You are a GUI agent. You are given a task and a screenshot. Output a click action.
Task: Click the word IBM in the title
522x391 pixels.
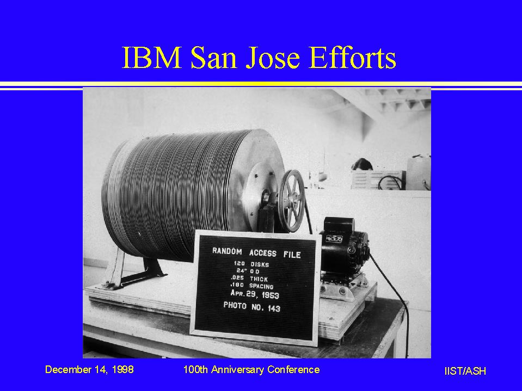[152, 58]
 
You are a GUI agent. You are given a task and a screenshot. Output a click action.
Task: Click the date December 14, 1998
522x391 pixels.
[89, 369]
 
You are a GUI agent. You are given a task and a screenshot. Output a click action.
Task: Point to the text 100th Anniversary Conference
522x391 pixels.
[251, 369]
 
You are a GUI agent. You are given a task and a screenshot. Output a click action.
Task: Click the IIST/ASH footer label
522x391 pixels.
[465, 371]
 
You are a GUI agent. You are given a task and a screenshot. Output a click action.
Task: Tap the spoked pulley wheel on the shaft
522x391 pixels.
[292, 201]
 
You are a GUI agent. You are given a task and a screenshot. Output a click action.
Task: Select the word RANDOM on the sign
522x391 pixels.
[227, 251]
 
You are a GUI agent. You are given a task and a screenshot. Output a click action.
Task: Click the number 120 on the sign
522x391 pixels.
[239, 264]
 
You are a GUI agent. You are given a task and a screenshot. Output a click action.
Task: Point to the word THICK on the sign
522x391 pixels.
[259, 279]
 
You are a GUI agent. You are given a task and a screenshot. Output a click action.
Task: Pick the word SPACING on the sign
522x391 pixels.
[261, 286]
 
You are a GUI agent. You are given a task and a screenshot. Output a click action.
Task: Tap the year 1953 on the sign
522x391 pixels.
[270, 295]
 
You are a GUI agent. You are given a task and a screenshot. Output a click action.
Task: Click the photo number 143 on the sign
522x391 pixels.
[274, 308]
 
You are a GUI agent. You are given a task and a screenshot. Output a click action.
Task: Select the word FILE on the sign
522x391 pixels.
[292, 255]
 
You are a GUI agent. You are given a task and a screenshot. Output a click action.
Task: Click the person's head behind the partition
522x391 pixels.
[362, 164]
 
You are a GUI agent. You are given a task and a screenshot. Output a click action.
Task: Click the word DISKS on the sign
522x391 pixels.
[260, 265]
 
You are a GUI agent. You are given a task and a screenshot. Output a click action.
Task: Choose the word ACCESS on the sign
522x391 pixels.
[263, 253]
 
